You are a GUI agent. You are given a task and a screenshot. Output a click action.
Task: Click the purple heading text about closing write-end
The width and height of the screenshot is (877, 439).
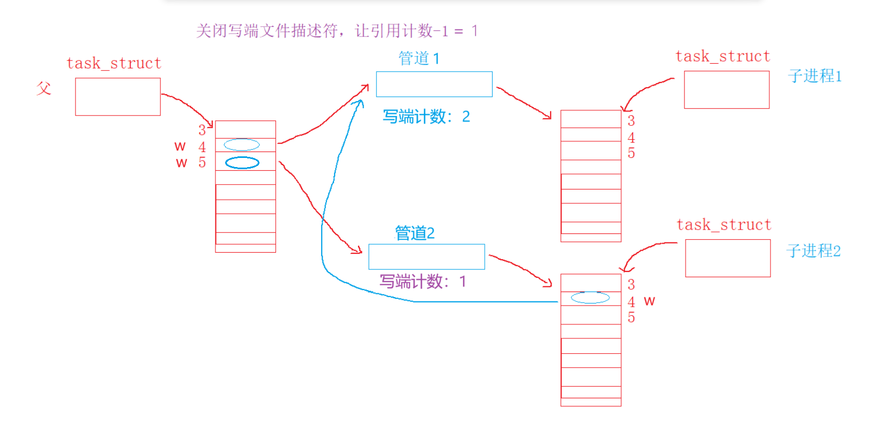[x=336, y=31]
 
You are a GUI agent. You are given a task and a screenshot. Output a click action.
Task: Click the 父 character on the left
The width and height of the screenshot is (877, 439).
[x=44, y=88]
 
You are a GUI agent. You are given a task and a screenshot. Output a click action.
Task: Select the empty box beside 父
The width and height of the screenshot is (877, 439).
[x=118, y=97]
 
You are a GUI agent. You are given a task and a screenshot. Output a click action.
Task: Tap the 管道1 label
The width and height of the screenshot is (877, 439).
[x=419, y=58]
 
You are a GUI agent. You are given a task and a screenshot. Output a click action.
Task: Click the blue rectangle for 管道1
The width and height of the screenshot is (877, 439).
[x=434, y=84]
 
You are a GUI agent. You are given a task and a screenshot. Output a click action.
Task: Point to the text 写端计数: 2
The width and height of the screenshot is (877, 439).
[x=426, y=117]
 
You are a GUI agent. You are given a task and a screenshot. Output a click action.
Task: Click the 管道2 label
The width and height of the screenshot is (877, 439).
[x=414, y=233]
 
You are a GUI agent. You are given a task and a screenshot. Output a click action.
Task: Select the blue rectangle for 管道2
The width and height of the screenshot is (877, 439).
[x=427, y=257]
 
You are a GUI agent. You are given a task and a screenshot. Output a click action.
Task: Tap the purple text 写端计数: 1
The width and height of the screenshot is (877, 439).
[x=423, y=282]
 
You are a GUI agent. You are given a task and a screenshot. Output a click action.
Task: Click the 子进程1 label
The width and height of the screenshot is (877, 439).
[x=814, y=76]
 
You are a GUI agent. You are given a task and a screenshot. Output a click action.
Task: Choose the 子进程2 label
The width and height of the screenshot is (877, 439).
[x=813, y=251]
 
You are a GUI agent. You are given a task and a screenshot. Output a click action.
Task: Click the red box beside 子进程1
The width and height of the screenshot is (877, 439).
[x=726, y=90]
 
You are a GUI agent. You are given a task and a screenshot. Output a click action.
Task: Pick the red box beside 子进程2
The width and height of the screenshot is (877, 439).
[x=727, y=258]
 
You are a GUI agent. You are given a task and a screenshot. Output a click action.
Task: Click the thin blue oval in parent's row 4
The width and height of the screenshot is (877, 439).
[x=242, y=145]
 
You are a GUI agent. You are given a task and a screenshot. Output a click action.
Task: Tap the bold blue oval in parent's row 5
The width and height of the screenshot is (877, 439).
[x=242, y=163]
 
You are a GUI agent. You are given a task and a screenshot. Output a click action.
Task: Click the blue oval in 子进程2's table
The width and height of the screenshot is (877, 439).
[x=590, y=298]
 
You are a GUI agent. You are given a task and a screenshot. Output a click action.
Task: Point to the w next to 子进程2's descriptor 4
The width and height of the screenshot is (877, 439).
[x=649, y=301]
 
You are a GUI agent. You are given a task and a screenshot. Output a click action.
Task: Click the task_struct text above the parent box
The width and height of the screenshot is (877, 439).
[x=114, y=63]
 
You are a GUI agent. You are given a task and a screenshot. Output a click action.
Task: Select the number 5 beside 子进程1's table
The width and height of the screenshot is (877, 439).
[x=631, y=154]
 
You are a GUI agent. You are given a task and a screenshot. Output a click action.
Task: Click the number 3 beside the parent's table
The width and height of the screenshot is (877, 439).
[x=202, y=130]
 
